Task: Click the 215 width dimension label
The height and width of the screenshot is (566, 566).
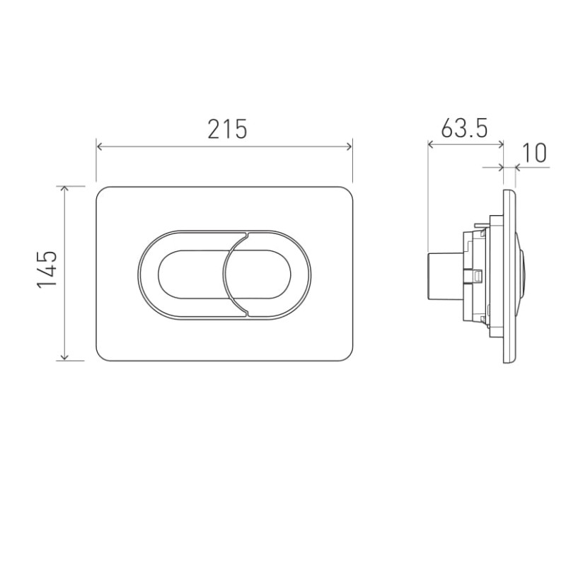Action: click(x=227, y=129)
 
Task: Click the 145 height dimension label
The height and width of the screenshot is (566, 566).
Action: click(x=47, y=270)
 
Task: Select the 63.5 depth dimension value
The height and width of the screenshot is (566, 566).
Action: click(x=464, y=128)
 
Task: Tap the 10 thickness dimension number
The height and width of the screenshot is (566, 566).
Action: click(x=534, y=153)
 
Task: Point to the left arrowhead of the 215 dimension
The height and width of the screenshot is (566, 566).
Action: click(x=100, y=146)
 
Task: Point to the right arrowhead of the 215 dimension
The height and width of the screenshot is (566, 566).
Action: click(x=348, y=146)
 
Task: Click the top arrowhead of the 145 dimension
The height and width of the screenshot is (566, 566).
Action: click(x=64, y=189)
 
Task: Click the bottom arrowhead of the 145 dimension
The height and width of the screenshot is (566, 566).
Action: click(x=64, y=357)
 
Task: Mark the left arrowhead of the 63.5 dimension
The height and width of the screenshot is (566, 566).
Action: click(x=431, y=145)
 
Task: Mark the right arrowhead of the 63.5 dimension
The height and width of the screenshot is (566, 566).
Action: click(x=500, y=145)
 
